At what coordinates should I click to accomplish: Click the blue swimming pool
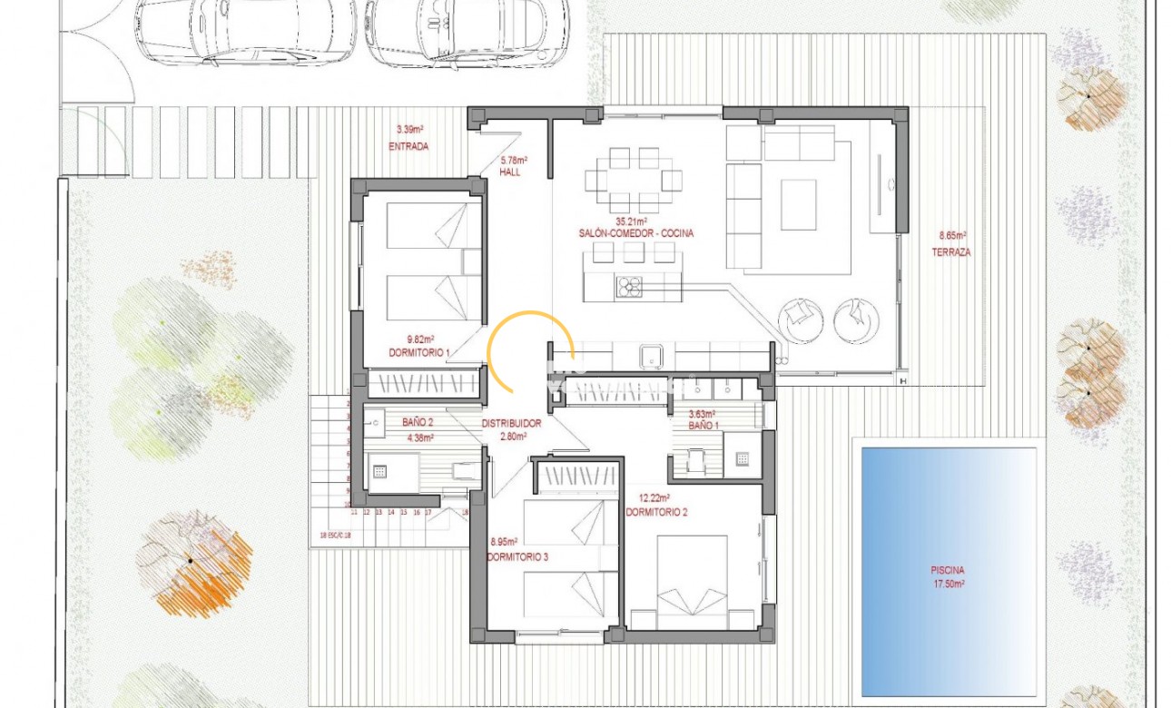(x=948, y=571)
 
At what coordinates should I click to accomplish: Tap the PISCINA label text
(x=948, y=570)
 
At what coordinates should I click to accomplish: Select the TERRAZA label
(x=950, y=252)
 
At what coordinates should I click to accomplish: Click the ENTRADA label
(x=408, y=146)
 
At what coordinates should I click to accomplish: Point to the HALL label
(x=509, y=172)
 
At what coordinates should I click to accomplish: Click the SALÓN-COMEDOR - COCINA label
(x=635, y=233)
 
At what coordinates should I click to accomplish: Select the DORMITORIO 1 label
(x=418, y=352)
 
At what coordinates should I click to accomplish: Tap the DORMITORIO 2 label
(x=656, y=512)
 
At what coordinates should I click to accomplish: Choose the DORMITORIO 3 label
(x=517, y=556)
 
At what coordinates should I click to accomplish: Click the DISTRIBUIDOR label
(x=511, y=424)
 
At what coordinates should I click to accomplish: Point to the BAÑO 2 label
(x=417, y=422)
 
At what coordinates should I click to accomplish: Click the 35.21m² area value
(x=631, y=221)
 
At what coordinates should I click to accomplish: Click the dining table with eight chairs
(x=634, y=180)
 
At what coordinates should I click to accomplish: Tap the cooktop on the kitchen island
(x=629, y=287)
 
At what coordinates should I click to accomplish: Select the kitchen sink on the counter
(x=652, y=356)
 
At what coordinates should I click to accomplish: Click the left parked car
(x=245, y=32)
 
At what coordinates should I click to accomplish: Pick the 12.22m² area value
(x=654, y=498)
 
